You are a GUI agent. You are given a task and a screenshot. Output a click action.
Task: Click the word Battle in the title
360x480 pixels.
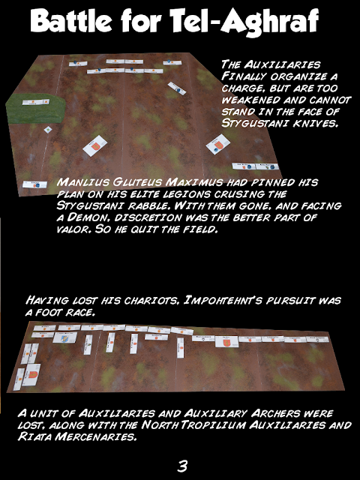(x=71, y=21)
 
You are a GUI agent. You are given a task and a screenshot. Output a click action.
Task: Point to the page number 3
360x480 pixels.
(x=182, y=466)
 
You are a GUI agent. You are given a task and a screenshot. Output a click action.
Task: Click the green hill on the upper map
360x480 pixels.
(x=35, y=108)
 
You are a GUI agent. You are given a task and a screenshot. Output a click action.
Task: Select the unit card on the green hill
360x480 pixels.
(x=35, y=102)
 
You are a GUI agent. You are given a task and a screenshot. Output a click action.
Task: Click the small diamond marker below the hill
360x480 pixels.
(x=48, y=130)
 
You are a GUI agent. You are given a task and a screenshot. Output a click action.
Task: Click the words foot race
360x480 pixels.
(x=63, y=312)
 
